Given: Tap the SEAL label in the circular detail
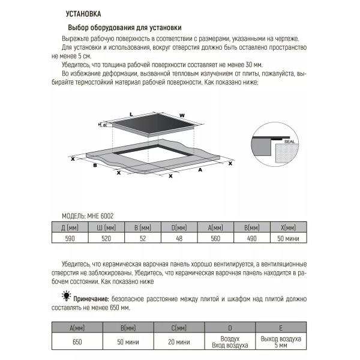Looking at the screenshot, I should tap(289, 136).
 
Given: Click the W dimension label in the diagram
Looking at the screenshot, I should tap(181, 115).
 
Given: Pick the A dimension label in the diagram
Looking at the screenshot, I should tap(200, 170).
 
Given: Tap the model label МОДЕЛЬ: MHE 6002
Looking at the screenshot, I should tap(88, 215).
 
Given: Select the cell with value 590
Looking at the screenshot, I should tap(70, 238).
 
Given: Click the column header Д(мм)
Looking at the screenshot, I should tap(70, 227).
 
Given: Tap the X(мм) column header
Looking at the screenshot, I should tap(288, 227).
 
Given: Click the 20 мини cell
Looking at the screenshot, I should tap(180, 341).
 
